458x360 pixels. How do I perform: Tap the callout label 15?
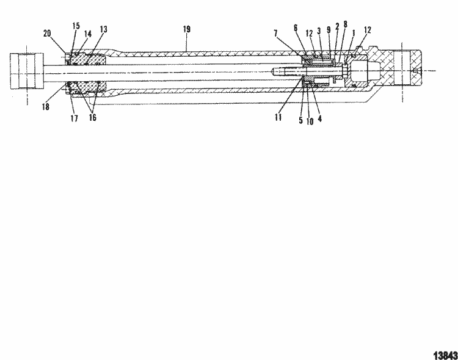76,26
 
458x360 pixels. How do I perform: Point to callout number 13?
103,29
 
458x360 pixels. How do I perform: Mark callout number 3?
319,31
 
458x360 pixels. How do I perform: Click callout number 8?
345,24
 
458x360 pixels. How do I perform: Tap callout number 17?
74,120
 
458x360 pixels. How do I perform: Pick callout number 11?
278,118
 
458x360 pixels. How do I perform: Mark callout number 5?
300,120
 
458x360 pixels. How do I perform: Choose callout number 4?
320,120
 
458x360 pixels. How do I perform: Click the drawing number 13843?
445,354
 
